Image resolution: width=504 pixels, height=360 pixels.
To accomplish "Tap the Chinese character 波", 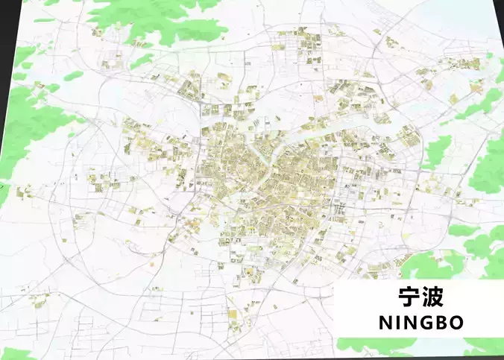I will tap(434, 297).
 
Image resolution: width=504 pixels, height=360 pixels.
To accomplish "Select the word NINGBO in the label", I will tap(420, 322).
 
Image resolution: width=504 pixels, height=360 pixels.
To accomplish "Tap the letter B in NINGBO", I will tap(441, 322).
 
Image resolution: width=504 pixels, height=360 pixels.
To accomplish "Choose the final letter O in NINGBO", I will tap(456, 322).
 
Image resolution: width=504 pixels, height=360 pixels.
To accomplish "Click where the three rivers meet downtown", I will tap(262, 157).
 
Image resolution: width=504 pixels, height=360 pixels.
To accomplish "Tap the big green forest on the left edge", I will tap(30, 127).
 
